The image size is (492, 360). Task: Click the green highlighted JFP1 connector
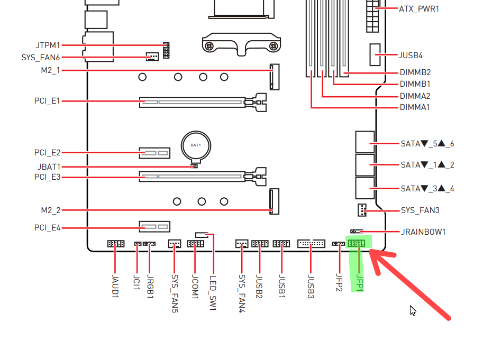tap(356, 243)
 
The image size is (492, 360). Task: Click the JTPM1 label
tap(48, 45)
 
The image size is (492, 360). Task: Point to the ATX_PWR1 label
tap(419, 9)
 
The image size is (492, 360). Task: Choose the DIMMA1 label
tap(415, 107)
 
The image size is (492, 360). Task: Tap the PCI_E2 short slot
tap(154, 153)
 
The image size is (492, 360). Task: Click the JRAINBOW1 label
tap(423, 232)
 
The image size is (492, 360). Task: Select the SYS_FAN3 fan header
tap(361, 210)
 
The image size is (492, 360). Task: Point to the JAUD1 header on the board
tap(115, 244)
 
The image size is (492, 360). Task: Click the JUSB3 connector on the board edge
tap(311, 244)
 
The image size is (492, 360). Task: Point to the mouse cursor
tap(413, 310)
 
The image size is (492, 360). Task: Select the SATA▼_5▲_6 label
tap(427, 143)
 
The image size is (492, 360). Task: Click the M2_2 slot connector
tap(274, 201)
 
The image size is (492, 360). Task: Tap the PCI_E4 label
tap(48, 228)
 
